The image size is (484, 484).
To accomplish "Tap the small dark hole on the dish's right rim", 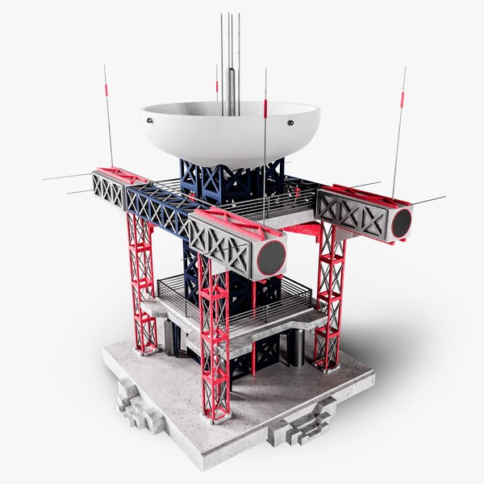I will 288,123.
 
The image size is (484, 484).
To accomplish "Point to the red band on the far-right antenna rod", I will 399,102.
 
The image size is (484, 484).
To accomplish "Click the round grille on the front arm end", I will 270,257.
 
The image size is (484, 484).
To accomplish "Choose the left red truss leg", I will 142,282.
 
